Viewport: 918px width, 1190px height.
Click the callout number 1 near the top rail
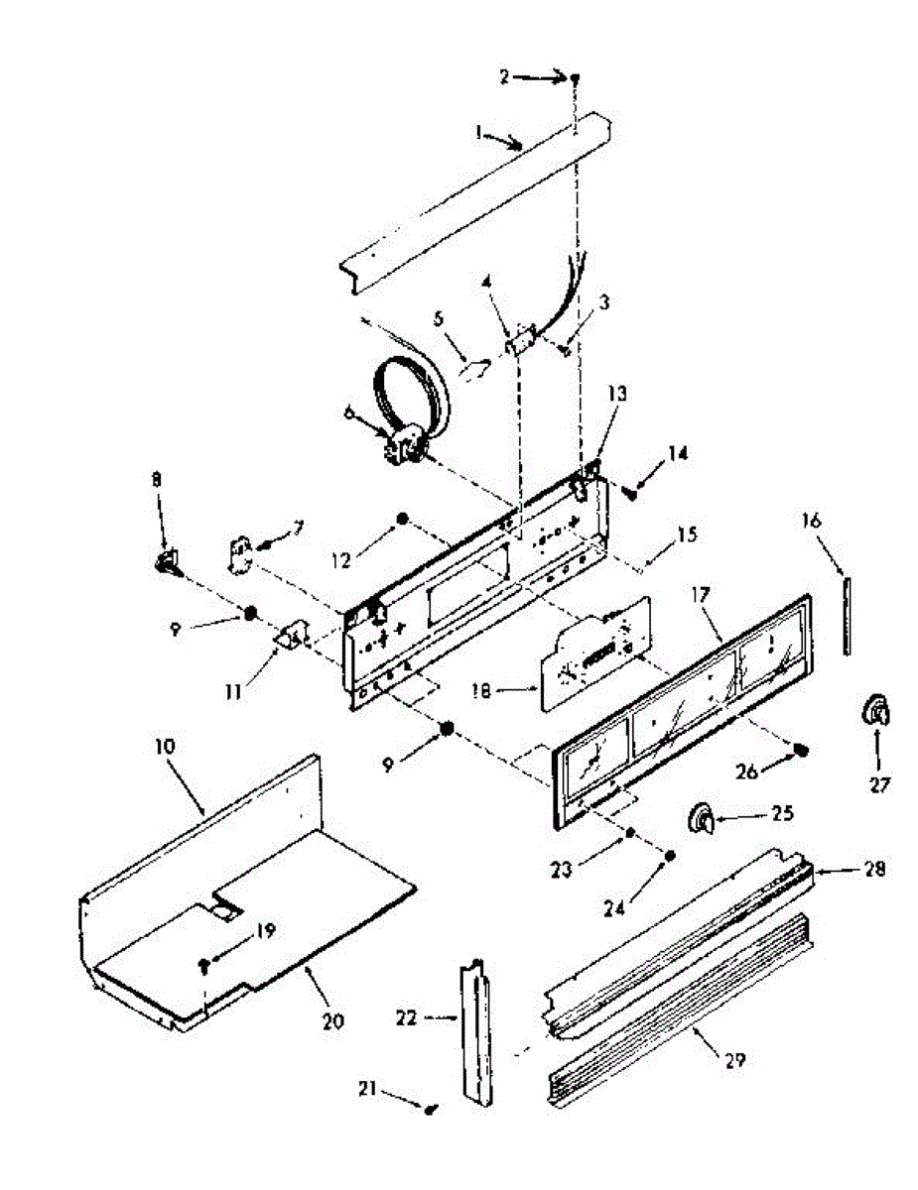478,131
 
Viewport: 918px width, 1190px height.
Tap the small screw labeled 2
575,77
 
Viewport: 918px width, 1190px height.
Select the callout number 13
618,395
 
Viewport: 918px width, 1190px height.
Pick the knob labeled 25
703,817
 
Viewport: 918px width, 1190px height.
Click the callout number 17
701,599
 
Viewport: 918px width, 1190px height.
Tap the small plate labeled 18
586,660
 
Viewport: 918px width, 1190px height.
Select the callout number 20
333,1019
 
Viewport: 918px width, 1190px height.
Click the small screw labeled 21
432,1111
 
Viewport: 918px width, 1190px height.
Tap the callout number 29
733,1059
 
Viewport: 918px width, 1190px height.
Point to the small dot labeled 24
670,855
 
